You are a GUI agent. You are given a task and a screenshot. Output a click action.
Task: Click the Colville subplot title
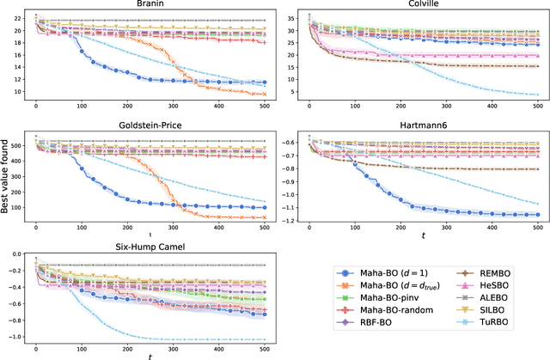(x=417, y=5)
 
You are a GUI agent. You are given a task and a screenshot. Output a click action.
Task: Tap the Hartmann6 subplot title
(x=417, y=124)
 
